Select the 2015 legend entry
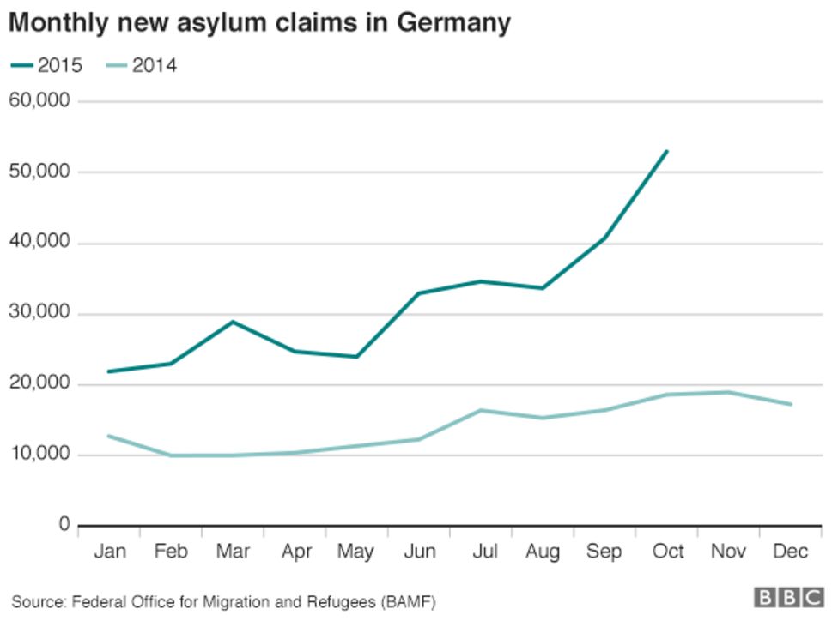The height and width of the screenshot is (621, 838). (x=48, y=65)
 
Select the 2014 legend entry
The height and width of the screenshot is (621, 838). (x=143, y=65)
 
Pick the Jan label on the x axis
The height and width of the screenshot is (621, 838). (x=109, y=552)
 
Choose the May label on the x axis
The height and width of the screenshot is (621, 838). (x=355, y=552)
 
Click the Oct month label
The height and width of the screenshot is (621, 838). (x=666, y=552)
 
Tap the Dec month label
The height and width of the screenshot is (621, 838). (x=790, y=552)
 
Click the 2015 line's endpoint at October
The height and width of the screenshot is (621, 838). (x=667, y=151)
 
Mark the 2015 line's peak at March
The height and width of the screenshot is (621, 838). (x=233, y=322)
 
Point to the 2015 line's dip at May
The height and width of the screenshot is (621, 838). (x=356, y=357)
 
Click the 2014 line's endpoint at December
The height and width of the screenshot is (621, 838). (x=791, y=404)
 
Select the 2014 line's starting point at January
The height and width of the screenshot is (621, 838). (x=108, y=436)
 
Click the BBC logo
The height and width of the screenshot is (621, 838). (x=789, y=597)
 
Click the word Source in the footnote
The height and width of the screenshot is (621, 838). (x=35, y=600)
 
